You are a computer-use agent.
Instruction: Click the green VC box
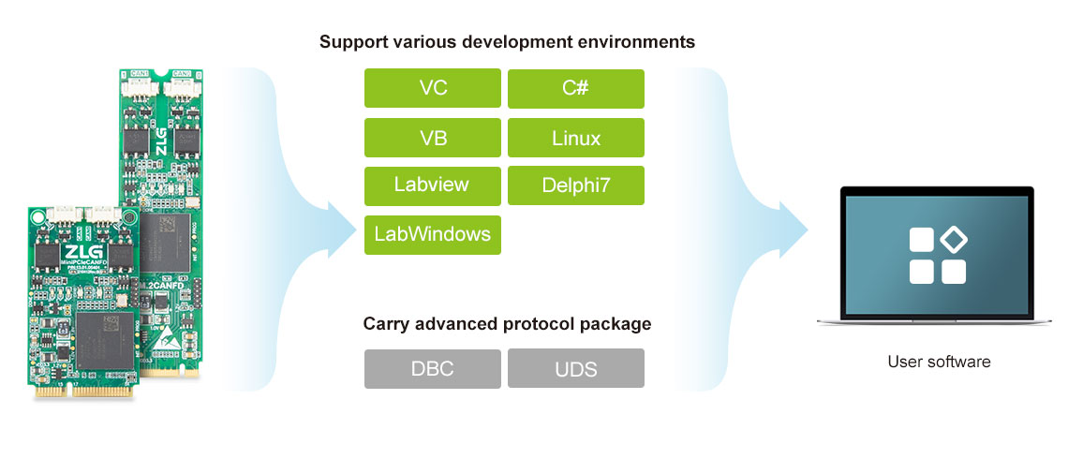[433, 89]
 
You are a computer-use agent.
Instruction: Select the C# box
[575, 89]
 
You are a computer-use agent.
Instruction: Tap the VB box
[433, 138]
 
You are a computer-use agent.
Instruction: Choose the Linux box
[575, 138]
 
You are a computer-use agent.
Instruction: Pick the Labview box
[433, 185]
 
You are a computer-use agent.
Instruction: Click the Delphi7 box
[575, 185]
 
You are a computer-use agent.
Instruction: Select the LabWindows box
[433, 234]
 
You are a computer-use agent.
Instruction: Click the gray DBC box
[433, 368]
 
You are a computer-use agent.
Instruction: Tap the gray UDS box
[575, 368]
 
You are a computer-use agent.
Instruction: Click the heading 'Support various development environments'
[507, 42]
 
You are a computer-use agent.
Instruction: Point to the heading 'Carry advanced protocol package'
[507, 324]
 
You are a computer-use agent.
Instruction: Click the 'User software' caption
[939, 362]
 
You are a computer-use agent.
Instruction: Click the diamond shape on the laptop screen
[953, 240]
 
